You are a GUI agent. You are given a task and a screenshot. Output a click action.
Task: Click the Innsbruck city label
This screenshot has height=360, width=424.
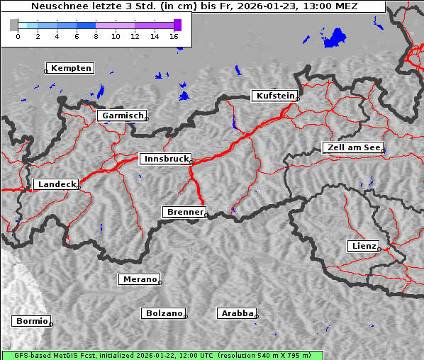[x=164, y=159]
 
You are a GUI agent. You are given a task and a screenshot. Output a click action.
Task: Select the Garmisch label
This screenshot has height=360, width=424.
[x=122, y=116]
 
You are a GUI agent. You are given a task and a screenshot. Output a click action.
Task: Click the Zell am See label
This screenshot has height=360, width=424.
[x=354, y=147]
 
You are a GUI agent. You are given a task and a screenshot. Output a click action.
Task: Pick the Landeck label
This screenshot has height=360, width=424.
[x=56, y=184]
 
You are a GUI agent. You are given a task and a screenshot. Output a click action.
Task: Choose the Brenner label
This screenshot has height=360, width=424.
[x=184, y=212]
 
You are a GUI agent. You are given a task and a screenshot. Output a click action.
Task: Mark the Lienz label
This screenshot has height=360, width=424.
[x=363, y=246]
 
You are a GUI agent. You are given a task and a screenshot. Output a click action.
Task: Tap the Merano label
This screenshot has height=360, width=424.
[x=139, y=279]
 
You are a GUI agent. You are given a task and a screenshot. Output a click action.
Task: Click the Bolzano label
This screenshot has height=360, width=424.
[x=164, y=313]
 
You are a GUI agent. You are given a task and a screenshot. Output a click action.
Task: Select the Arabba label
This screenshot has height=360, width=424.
[x=237, y=313]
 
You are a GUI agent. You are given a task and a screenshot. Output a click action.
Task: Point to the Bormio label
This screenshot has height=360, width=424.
[x=32, y=321]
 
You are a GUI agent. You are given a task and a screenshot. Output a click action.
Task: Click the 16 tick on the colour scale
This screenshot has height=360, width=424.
[x=174, y=36]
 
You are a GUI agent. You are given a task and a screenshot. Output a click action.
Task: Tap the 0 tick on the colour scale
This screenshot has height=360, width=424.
[x=18, y=36]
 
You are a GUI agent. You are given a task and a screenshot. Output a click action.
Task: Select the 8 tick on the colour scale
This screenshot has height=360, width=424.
[x=96, y=36]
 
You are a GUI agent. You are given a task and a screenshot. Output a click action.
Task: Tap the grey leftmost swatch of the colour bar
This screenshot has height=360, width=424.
[x=14, y=25]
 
